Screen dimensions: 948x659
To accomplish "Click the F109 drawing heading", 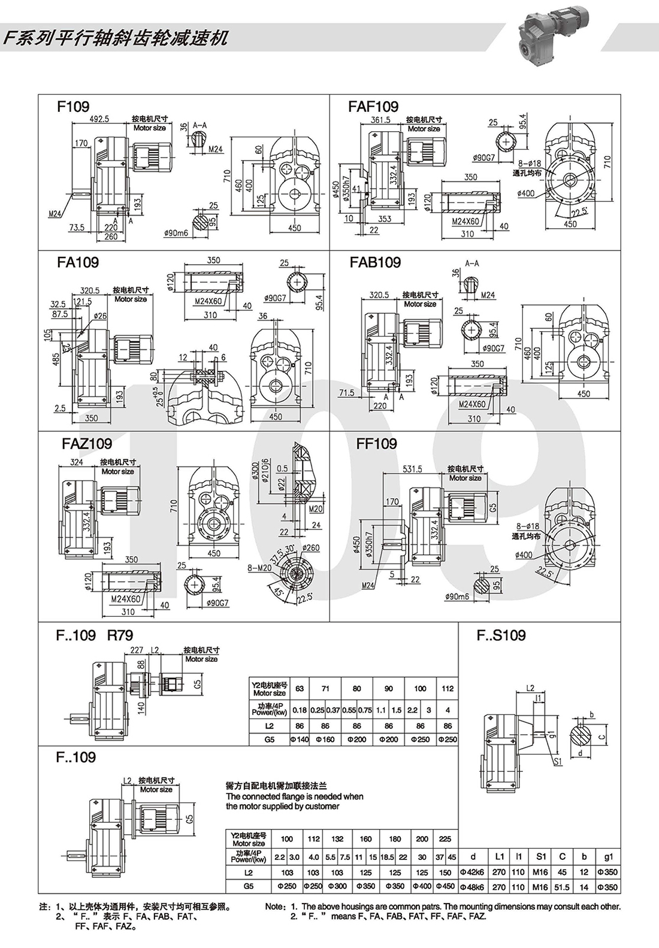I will (x=72, y=107).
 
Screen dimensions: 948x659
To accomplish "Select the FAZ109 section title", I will (x=87, y=444).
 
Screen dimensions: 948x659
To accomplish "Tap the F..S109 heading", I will (x=501, y=635).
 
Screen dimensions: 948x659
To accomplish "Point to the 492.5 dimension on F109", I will (x=99, y=119).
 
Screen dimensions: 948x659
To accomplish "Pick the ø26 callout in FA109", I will (x=99, y=316).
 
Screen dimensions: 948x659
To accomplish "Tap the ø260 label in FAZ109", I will (x=312, y=547).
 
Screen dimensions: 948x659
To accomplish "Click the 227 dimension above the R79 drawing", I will (x=137, y=650).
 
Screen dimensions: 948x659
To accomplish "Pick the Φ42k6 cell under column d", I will (x=473, y=872).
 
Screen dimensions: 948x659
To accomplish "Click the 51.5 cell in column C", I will (x=563, y=887).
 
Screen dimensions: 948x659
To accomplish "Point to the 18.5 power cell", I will (x=387, y=858).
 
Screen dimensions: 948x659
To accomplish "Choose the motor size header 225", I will (x=445, y=839).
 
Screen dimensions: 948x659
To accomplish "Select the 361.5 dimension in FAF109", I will (x=380, y=120).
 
